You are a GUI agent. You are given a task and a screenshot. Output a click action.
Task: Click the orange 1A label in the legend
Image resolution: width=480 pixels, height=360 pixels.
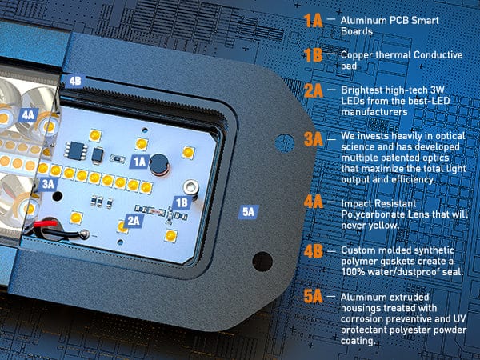click(313, 21)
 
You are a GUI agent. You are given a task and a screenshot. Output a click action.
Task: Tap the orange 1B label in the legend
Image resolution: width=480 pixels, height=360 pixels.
click(313, 55)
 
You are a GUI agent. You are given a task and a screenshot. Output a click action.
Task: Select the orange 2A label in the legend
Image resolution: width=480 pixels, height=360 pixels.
click(314, 90)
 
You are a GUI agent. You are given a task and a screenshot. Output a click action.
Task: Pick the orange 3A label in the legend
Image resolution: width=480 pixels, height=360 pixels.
click(314, 139)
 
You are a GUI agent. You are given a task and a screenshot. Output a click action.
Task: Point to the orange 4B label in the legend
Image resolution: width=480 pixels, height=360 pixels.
click(314, 251)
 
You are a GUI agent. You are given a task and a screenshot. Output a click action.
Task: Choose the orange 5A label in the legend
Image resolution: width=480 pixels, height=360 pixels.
click(313, 296)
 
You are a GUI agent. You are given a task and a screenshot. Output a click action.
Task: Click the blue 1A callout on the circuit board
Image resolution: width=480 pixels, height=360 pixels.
click(139, 162)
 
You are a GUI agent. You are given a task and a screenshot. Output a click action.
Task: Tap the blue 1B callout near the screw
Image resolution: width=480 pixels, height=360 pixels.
click(182, 202)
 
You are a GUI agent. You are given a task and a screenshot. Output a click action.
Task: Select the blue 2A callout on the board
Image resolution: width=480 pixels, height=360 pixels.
click(134, 221)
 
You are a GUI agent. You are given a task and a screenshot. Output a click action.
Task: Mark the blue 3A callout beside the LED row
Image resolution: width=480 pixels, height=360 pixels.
click(48, 184)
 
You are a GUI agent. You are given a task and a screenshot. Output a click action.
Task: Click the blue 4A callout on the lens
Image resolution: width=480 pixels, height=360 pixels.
click(28, 115)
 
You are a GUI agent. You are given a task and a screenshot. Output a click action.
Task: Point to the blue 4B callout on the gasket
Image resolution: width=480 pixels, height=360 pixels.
click(75, 81)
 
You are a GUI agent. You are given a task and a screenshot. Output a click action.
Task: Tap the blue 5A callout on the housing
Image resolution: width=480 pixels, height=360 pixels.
click(248, 212)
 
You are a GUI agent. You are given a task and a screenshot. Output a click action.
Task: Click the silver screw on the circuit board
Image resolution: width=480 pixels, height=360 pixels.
click(192, 186)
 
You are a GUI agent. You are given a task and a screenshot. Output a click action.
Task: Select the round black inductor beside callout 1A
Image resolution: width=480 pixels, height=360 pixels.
click(159, 164)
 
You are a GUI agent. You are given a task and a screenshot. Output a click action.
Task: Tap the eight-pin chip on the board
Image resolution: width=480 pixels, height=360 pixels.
click(75, 150)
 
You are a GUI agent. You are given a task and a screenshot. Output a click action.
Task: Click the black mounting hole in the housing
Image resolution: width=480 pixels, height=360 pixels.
click(262, 262)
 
